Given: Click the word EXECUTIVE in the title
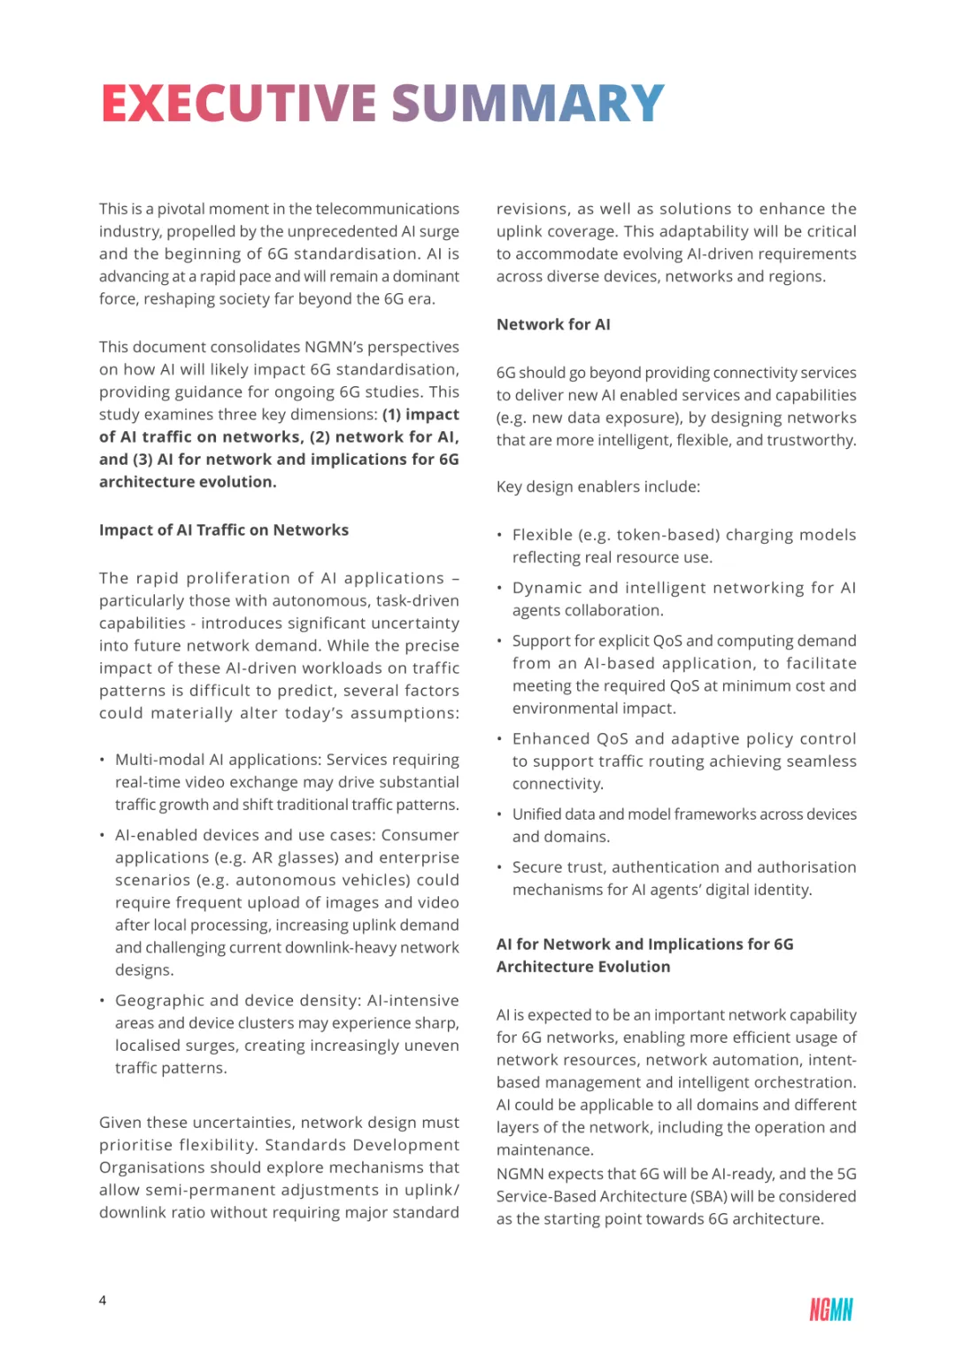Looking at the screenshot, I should [239, 104].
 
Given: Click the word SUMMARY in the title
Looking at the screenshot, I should [528, 104].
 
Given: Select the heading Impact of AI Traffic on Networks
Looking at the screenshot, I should [224, 530].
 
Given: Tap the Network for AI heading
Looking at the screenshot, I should [553, 325].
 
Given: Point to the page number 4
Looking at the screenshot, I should [103, 1301].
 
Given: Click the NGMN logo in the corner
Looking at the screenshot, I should [830, 1310].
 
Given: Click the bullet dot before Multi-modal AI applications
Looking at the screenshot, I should [103, 760].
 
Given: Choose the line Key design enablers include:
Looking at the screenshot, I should [597, 487].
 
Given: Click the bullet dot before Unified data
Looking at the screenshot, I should [500, 815].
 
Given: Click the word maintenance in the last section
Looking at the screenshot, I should [544, 1150].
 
